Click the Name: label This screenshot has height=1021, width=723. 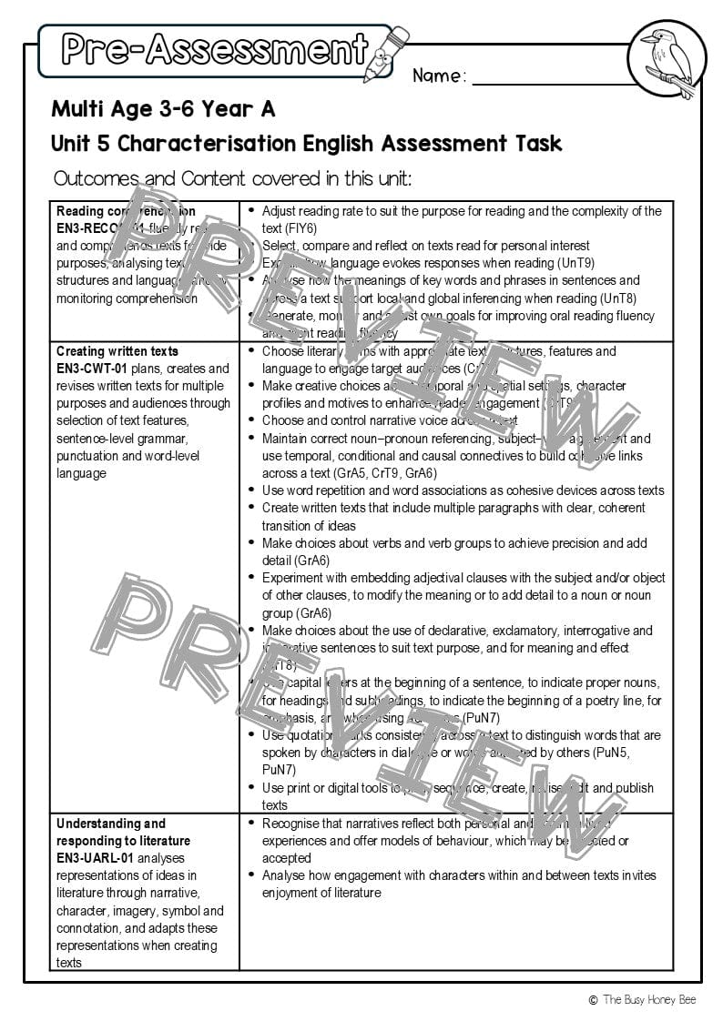click(439, 76)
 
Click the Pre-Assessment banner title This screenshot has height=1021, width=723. click(215, 50)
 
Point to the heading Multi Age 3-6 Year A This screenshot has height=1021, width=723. click(163, 109)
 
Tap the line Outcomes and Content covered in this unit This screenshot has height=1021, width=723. click(232, 178)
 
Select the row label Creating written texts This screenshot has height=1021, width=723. click(117, 351)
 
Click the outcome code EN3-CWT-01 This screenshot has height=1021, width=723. click(92, 369)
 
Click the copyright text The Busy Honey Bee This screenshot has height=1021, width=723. click(647, 999)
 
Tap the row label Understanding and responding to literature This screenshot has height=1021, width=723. click(111, 832)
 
